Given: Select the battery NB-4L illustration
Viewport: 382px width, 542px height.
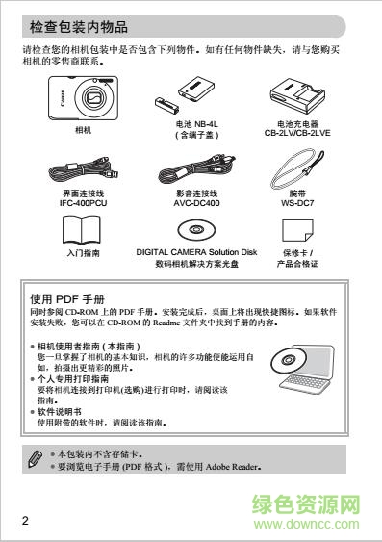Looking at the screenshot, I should (x=187, y=98).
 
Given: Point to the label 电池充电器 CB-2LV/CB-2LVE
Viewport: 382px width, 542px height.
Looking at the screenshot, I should (x=297, y=130).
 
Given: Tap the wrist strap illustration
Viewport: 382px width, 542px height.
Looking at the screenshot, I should (x=296, y=166).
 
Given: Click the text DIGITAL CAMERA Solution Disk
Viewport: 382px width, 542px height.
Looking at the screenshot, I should (x=196, y=251).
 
